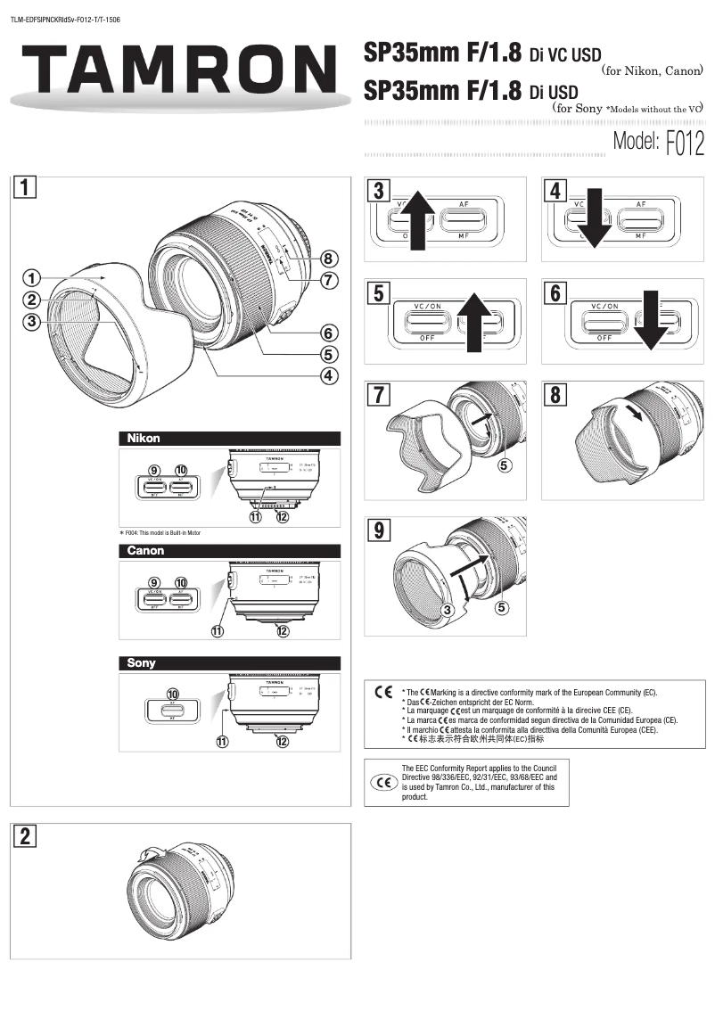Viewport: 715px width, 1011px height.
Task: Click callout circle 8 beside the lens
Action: click(328, 259)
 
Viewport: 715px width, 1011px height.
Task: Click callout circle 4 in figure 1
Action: click(328, 374)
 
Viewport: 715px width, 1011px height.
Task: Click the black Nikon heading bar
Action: click(230, 438)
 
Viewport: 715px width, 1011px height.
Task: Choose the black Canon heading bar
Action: click(230, 550)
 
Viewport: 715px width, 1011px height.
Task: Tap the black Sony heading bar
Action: click(230, 662)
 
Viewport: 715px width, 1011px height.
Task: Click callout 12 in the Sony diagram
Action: click(283, 741)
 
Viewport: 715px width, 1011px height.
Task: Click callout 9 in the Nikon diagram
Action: click(153, 470)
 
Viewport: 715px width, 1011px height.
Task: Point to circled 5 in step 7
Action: click(504, 465)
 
